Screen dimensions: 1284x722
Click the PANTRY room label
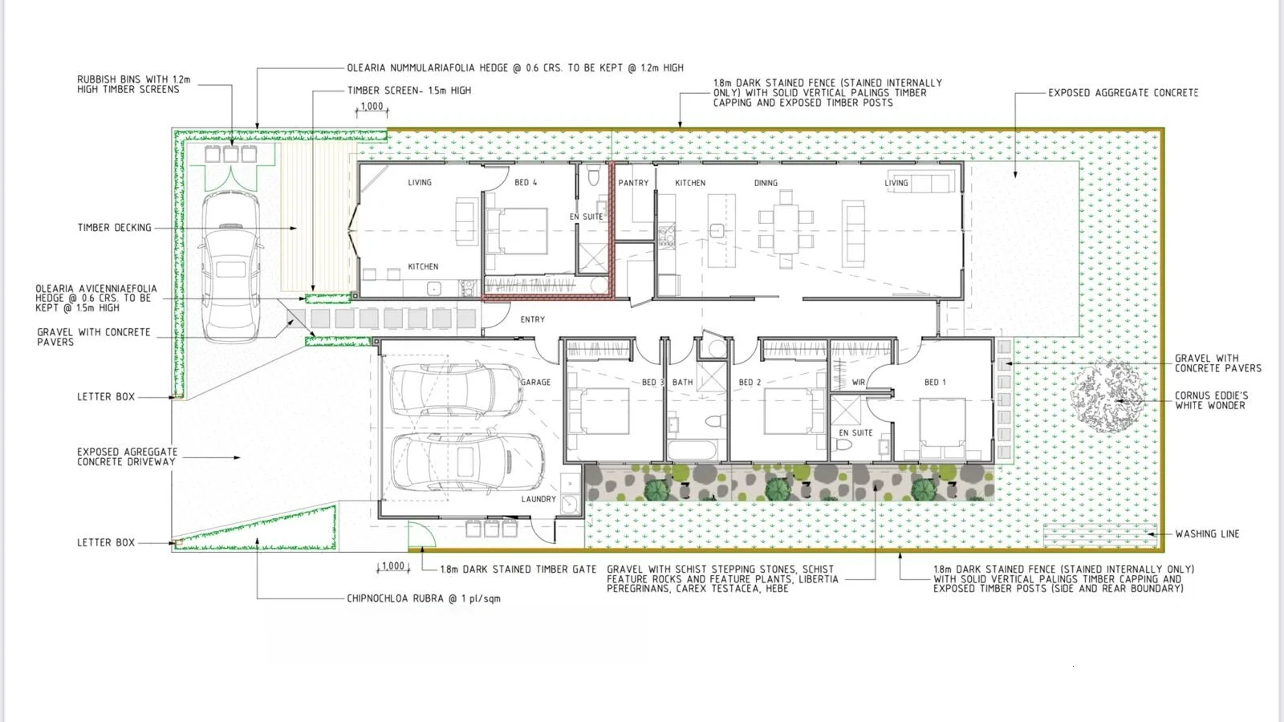[633, 183]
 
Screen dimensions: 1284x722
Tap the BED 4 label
[526, 182]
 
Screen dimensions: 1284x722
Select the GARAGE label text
[535, 382]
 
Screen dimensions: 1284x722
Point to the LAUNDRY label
[538, 499]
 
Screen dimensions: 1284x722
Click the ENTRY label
[533, 319]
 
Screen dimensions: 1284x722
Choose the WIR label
[859, 382]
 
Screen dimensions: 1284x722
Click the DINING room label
[766, 183]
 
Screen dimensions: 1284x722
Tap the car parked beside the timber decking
[230, 266]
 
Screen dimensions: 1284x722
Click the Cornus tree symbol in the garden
[1107, 396]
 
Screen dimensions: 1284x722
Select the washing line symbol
[1099, 535]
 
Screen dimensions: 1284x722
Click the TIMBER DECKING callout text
[115, 228]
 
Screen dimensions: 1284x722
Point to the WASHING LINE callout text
[1207, 533]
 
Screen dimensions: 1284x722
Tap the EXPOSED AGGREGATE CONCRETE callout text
[1123, 92]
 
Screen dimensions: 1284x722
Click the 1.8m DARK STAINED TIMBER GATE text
[518, 570]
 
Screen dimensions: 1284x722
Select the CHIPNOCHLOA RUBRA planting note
[424, 598]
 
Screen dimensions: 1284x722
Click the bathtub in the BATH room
[693, 450]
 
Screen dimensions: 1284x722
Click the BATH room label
[683, 382]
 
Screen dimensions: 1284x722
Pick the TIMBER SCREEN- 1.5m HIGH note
[409, 91]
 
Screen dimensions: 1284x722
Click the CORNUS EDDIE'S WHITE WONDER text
[1211, 400]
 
